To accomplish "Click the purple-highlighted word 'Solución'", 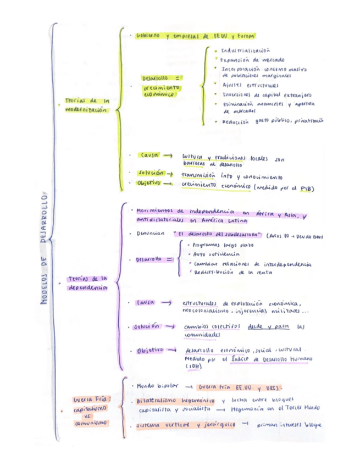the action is tap(147, 326).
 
